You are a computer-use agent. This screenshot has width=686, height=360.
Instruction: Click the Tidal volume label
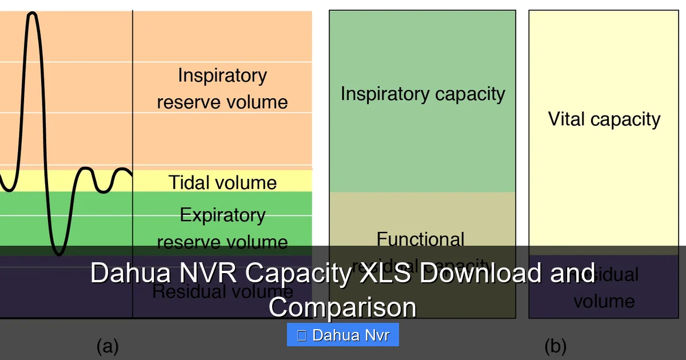(x=222, y=182)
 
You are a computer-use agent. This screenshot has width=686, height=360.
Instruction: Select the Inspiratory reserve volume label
(x=222, y=89)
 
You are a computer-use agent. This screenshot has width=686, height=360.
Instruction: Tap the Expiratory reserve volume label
(x=222, y=228)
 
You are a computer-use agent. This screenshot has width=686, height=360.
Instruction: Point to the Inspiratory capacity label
(x=422, y=94)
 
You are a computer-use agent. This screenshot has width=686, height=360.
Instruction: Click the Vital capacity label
(x=604, y=119)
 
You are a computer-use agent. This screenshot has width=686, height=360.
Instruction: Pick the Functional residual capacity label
(x=421, y=251)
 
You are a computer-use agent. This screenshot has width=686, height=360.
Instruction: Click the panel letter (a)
(x=107, y=346)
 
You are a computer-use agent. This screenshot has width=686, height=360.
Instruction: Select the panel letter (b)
(x=555, y=346)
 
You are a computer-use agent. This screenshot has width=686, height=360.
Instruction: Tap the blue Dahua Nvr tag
(x=343, y=335)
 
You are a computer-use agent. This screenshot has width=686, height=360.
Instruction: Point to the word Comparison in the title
(x=342, y=307)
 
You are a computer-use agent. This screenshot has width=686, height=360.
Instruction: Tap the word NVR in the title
(x=208, y=273)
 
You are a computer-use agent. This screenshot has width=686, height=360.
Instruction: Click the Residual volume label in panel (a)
(x=222, y=291)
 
